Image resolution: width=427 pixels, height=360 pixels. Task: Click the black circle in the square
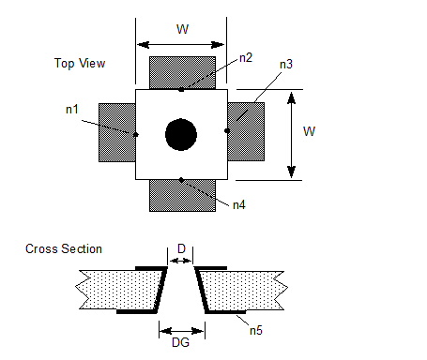tap(181, 135)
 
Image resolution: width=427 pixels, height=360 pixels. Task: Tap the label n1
tap(72, 110)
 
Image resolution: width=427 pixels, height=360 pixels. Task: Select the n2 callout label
tap(246, 58)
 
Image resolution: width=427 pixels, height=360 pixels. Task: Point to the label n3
tap(286, 64)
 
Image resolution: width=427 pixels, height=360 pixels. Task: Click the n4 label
tap(239, 205)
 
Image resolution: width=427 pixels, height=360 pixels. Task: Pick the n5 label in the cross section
tap(256, 330)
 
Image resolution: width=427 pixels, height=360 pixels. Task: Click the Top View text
tap(80, 63)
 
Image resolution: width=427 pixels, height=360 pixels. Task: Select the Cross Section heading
tap(64, 249)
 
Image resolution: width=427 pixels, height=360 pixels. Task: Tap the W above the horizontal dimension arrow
tap(182, 29)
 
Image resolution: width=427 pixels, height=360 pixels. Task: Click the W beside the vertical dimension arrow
tap(309, 131)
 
